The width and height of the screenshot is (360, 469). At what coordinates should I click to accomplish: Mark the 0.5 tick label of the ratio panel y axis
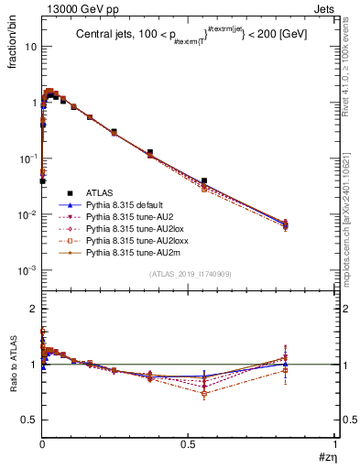pos(27,420)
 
